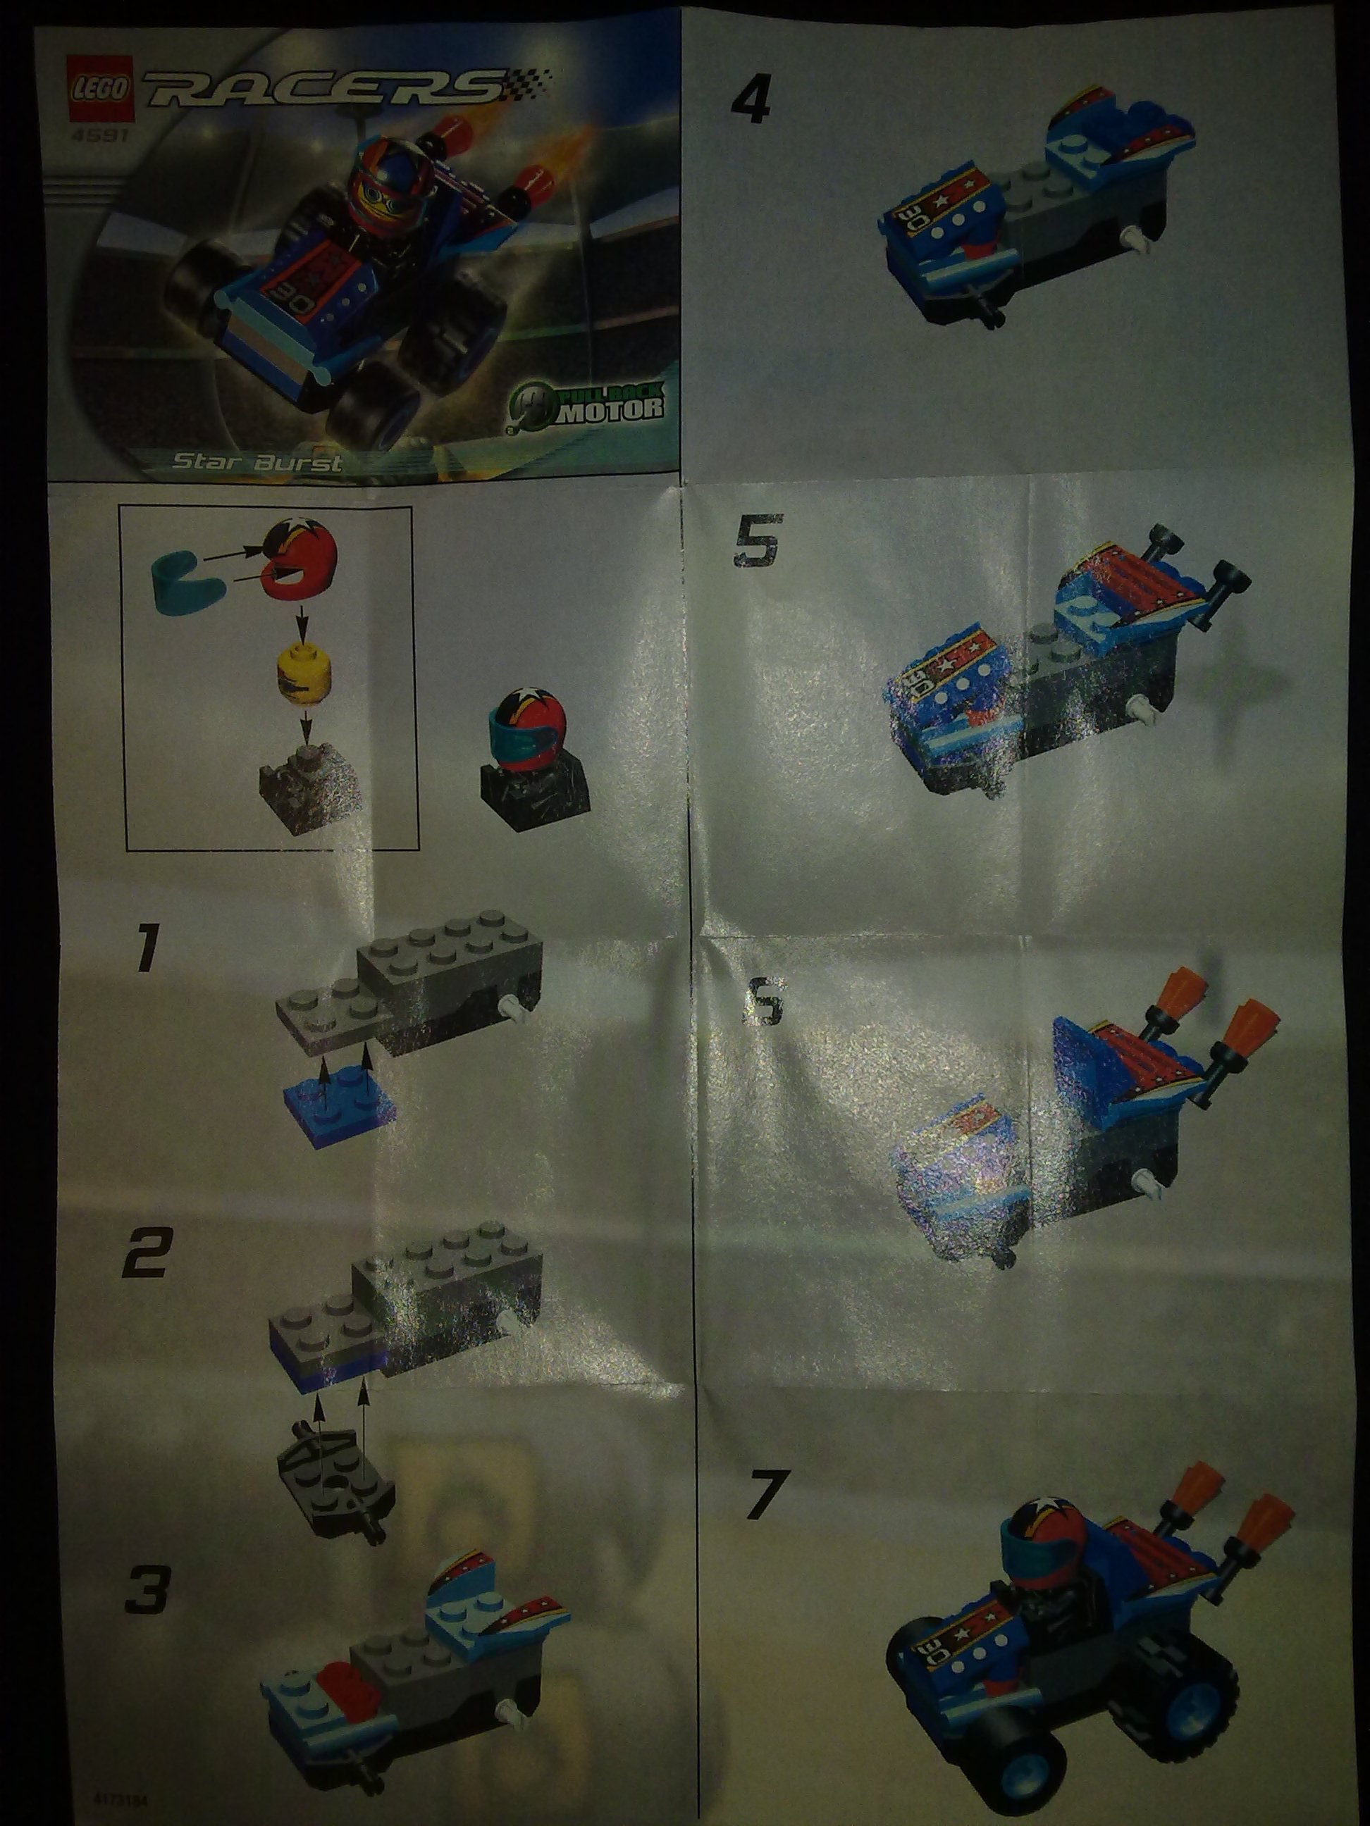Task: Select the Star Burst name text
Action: click(256, 462)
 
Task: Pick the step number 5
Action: click(755, 542)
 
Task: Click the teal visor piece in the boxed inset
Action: click(178, 576)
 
